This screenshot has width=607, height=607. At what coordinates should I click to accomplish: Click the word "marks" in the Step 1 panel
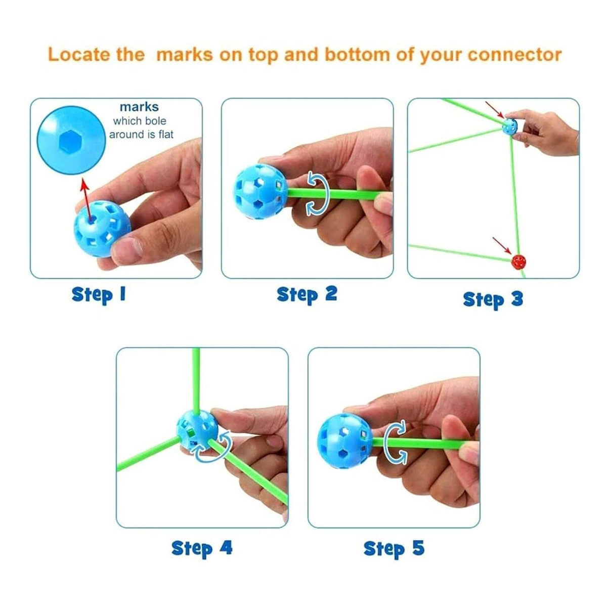click(x=139, y=107)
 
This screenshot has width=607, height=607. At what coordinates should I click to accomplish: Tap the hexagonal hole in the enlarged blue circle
click(x=70, y=142)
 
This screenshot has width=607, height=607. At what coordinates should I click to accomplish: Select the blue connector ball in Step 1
click(x=102, y=229)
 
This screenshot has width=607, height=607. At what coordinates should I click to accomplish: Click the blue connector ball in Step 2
click(x=260, y=192)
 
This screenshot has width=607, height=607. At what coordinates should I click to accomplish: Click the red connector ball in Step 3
click(x=518, y=262)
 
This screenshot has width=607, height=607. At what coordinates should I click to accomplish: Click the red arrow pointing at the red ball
click(x=502, y=246)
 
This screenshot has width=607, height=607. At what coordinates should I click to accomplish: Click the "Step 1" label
click(x=99, y=295)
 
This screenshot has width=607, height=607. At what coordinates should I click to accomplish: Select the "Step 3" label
click(x=493, y=299)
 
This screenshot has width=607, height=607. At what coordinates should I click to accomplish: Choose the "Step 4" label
click(x=202, y=548)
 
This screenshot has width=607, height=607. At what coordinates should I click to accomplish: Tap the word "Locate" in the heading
click(x=79, y=54)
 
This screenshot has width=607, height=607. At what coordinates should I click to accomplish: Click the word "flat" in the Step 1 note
click(x=166, y=135)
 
